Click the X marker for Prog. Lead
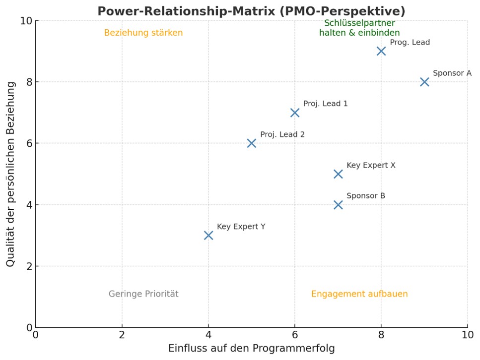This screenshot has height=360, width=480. coord(381,51)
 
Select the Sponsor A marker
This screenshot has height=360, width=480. coord(424,82)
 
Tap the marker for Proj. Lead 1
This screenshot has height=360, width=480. coord(295,113)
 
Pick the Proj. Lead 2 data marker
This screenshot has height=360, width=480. coord(252,143)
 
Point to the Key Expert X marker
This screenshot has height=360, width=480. coord(338,174)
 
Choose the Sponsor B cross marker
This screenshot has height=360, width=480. coord(338,205)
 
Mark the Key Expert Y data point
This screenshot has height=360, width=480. coord(208,235)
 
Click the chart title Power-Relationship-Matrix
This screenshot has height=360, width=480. coord(251,11)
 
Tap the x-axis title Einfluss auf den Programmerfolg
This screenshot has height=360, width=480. coord(251,348)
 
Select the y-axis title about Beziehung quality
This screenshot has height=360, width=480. coord(11,174)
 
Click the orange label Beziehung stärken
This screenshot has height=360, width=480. coord(143,33)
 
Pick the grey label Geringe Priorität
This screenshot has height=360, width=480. coord(143,294)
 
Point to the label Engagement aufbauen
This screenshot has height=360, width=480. coord(359,294)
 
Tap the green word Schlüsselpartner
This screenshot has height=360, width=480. coord(359,23)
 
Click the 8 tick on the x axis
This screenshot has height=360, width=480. coord(381,335)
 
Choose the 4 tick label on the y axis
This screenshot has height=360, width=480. coord(28,205)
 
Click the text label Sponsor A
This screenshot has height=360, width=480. coord(452,73)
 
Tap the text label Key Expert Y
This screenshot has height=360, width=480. coord(241,227)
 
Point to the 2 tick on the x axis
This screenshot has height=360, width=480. coord(122,335)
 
